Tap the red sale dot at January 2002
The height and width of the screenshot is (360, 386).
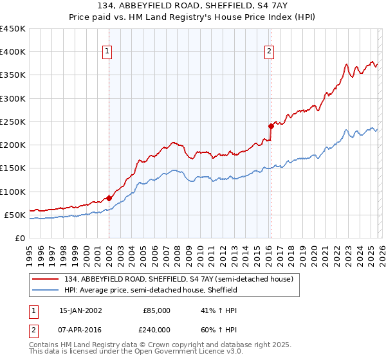point(109,199)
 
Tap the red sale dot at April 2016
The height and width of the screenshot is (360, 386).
point(271,127)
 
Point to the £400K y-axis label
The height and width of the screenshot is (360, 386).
point(13,52)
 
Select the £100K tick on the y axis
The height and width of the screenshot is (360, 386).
point(13,192)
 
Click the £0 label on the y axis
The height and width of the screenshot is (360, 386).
point(19,238)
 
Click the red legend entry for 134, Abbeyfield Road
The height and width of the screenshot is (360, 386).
point(178,279)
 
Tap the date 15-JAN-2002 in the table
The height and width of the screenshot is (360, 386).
point(80,310)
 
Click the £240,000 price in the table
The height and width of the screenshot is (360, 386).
point(156,331)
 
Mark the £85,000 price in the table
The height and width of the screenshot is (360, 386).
point(156,310)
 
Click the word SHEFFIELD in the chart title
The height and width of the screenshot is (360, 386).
point(226,6)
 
